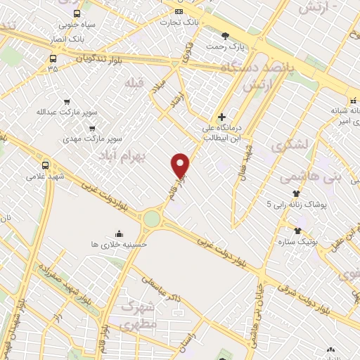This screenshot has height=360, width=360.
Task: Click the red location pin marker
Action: [181, 166]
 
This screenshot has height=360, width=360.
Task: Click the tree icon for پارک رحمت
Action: [225, 35]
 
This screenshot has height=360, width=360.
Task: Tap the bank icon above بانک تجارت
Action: [179, 11]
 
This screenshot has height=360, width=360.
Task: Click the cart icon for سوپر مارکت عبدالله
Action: [67, 102]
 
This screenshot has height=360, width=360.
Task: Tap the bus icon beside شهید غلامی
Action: [46, 165]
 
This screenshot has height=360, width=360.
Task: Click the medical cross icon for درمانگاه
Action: [221, 117]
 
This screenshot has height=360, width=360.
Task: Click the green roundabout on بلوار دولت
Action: [152, 219]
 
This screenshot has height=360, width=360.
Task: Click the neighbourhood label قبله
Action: [134, 83]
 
